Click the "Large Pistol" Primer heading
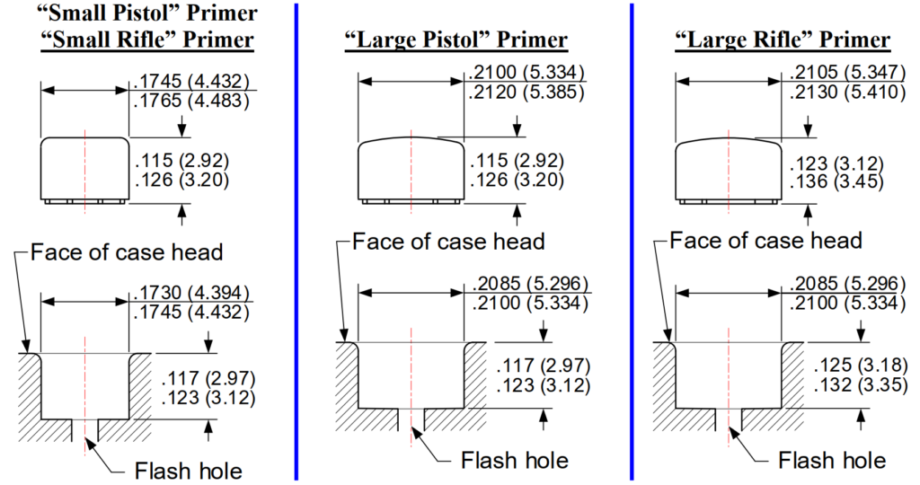coord(456,40)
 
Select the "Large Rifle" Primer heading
coord(783,40)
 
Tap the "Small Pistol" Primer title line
coord(146,13)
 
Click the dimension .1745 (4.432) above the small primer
coord(191,81)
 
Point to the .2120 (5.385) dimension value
coord(526,93)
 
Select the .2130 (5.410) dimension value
coord(847,93)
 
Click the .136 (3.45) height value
coord(836,181)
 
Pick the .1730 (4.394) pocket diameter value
coord(191,292)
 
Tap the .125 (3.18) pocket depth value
coord(860,366)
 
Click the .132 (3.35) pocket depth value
coord(860,385)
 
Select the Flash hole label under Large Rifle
coord(832,461)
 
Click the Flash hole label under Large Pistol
coord(515,461)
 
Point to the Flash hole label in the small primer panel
coord(189,471)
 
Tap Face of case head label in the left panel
coord(127,252)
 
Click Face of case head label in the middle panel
coord(449,241)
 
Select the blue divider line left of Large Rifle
coord(632,242)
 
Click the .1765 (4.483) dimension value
coord(191,101)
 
